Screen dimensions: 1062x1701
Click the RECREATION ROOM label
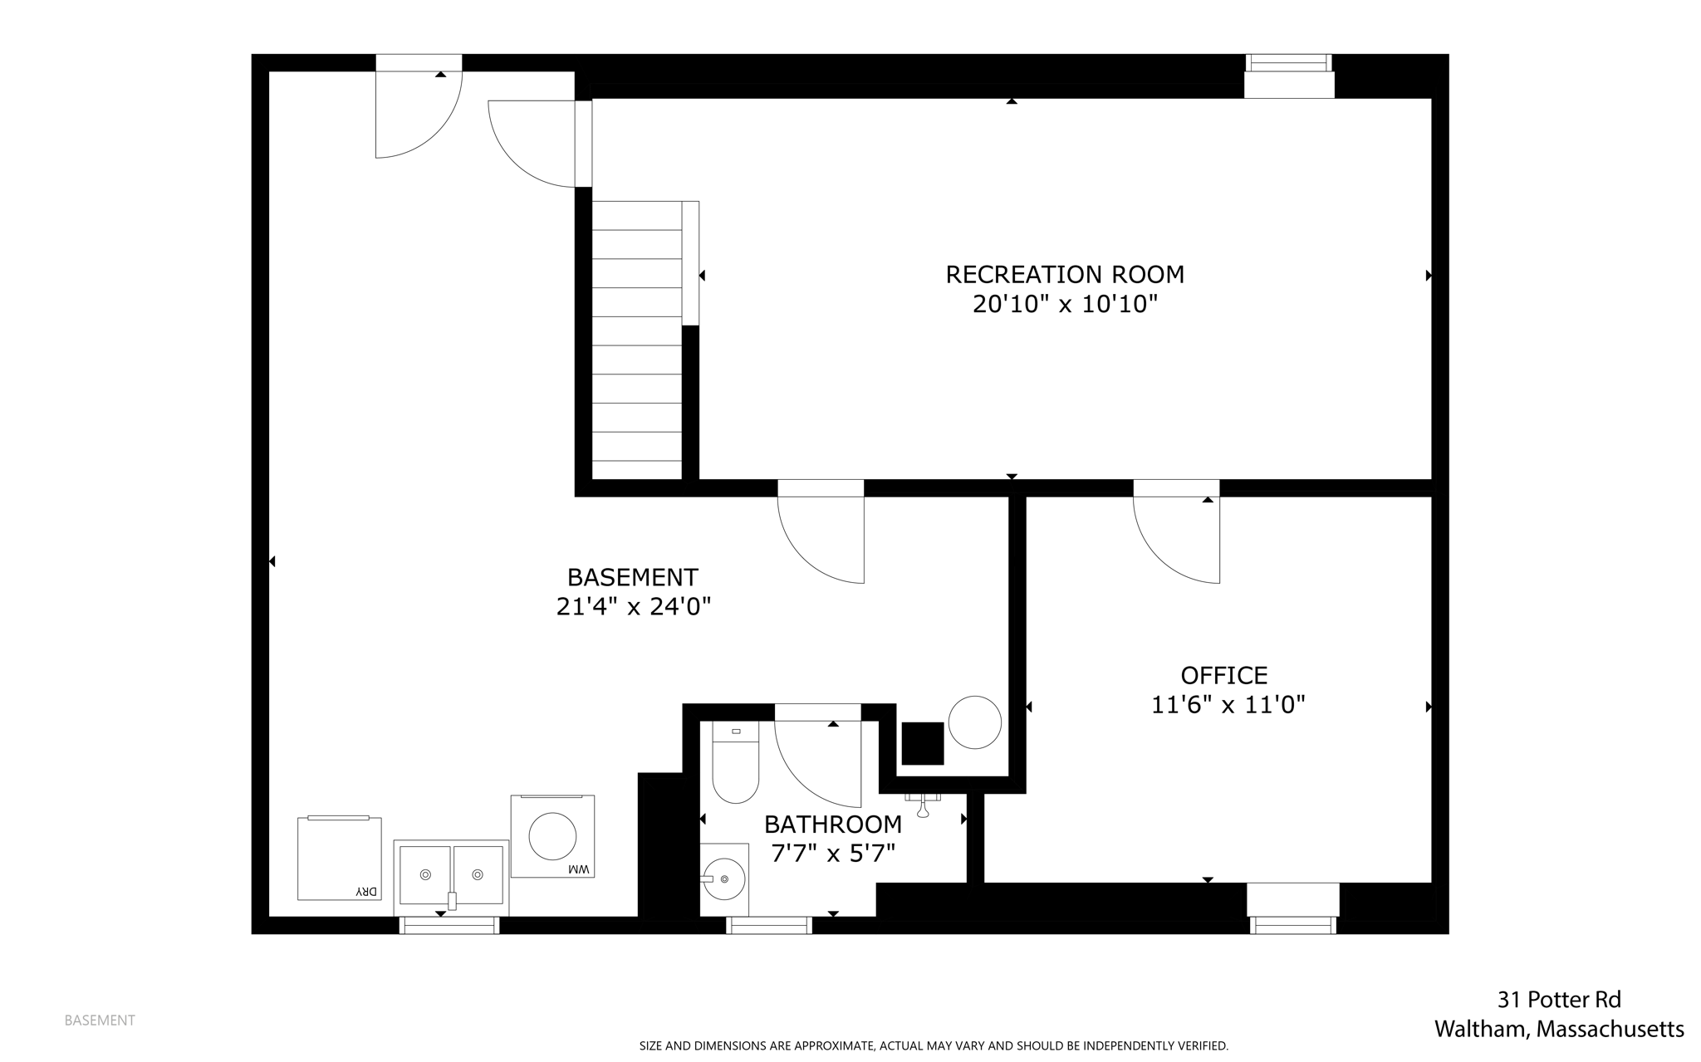pos(1064,274)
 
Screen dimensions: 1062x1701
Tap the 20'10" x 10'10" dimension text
pos(1064,305)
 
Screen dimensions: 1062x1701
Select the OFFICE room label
pos(1223,675)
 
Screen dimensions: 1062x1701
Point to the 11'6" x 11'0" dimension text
pos(1228,706)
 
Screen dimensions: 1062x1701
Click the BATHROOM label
pos(832,825)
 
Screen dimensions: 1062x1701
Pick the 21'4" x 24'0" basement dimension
pos(633,607)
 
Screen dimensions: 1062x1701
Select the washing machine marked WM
pos(552,836)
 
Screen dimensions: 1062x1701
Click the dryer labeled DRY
pos(339,859)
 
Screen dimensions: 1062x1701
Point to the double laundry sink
pos(451,875)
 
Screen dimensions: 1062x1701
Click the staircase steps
pos(637,340)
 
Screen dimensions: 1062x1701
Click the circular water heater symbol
pos(974,722)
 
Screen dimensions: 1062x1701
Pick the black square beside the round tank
pos(923,743)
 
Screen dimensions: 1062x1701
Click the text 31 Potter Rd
pos(1559,999)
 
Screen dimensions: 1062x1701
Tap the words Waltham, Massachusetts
pos(1559,1030)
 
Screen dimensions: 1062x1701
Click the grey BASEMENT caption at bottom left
pos(100,1020)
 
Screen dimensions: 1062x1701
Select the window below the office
pos(1292,924)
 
